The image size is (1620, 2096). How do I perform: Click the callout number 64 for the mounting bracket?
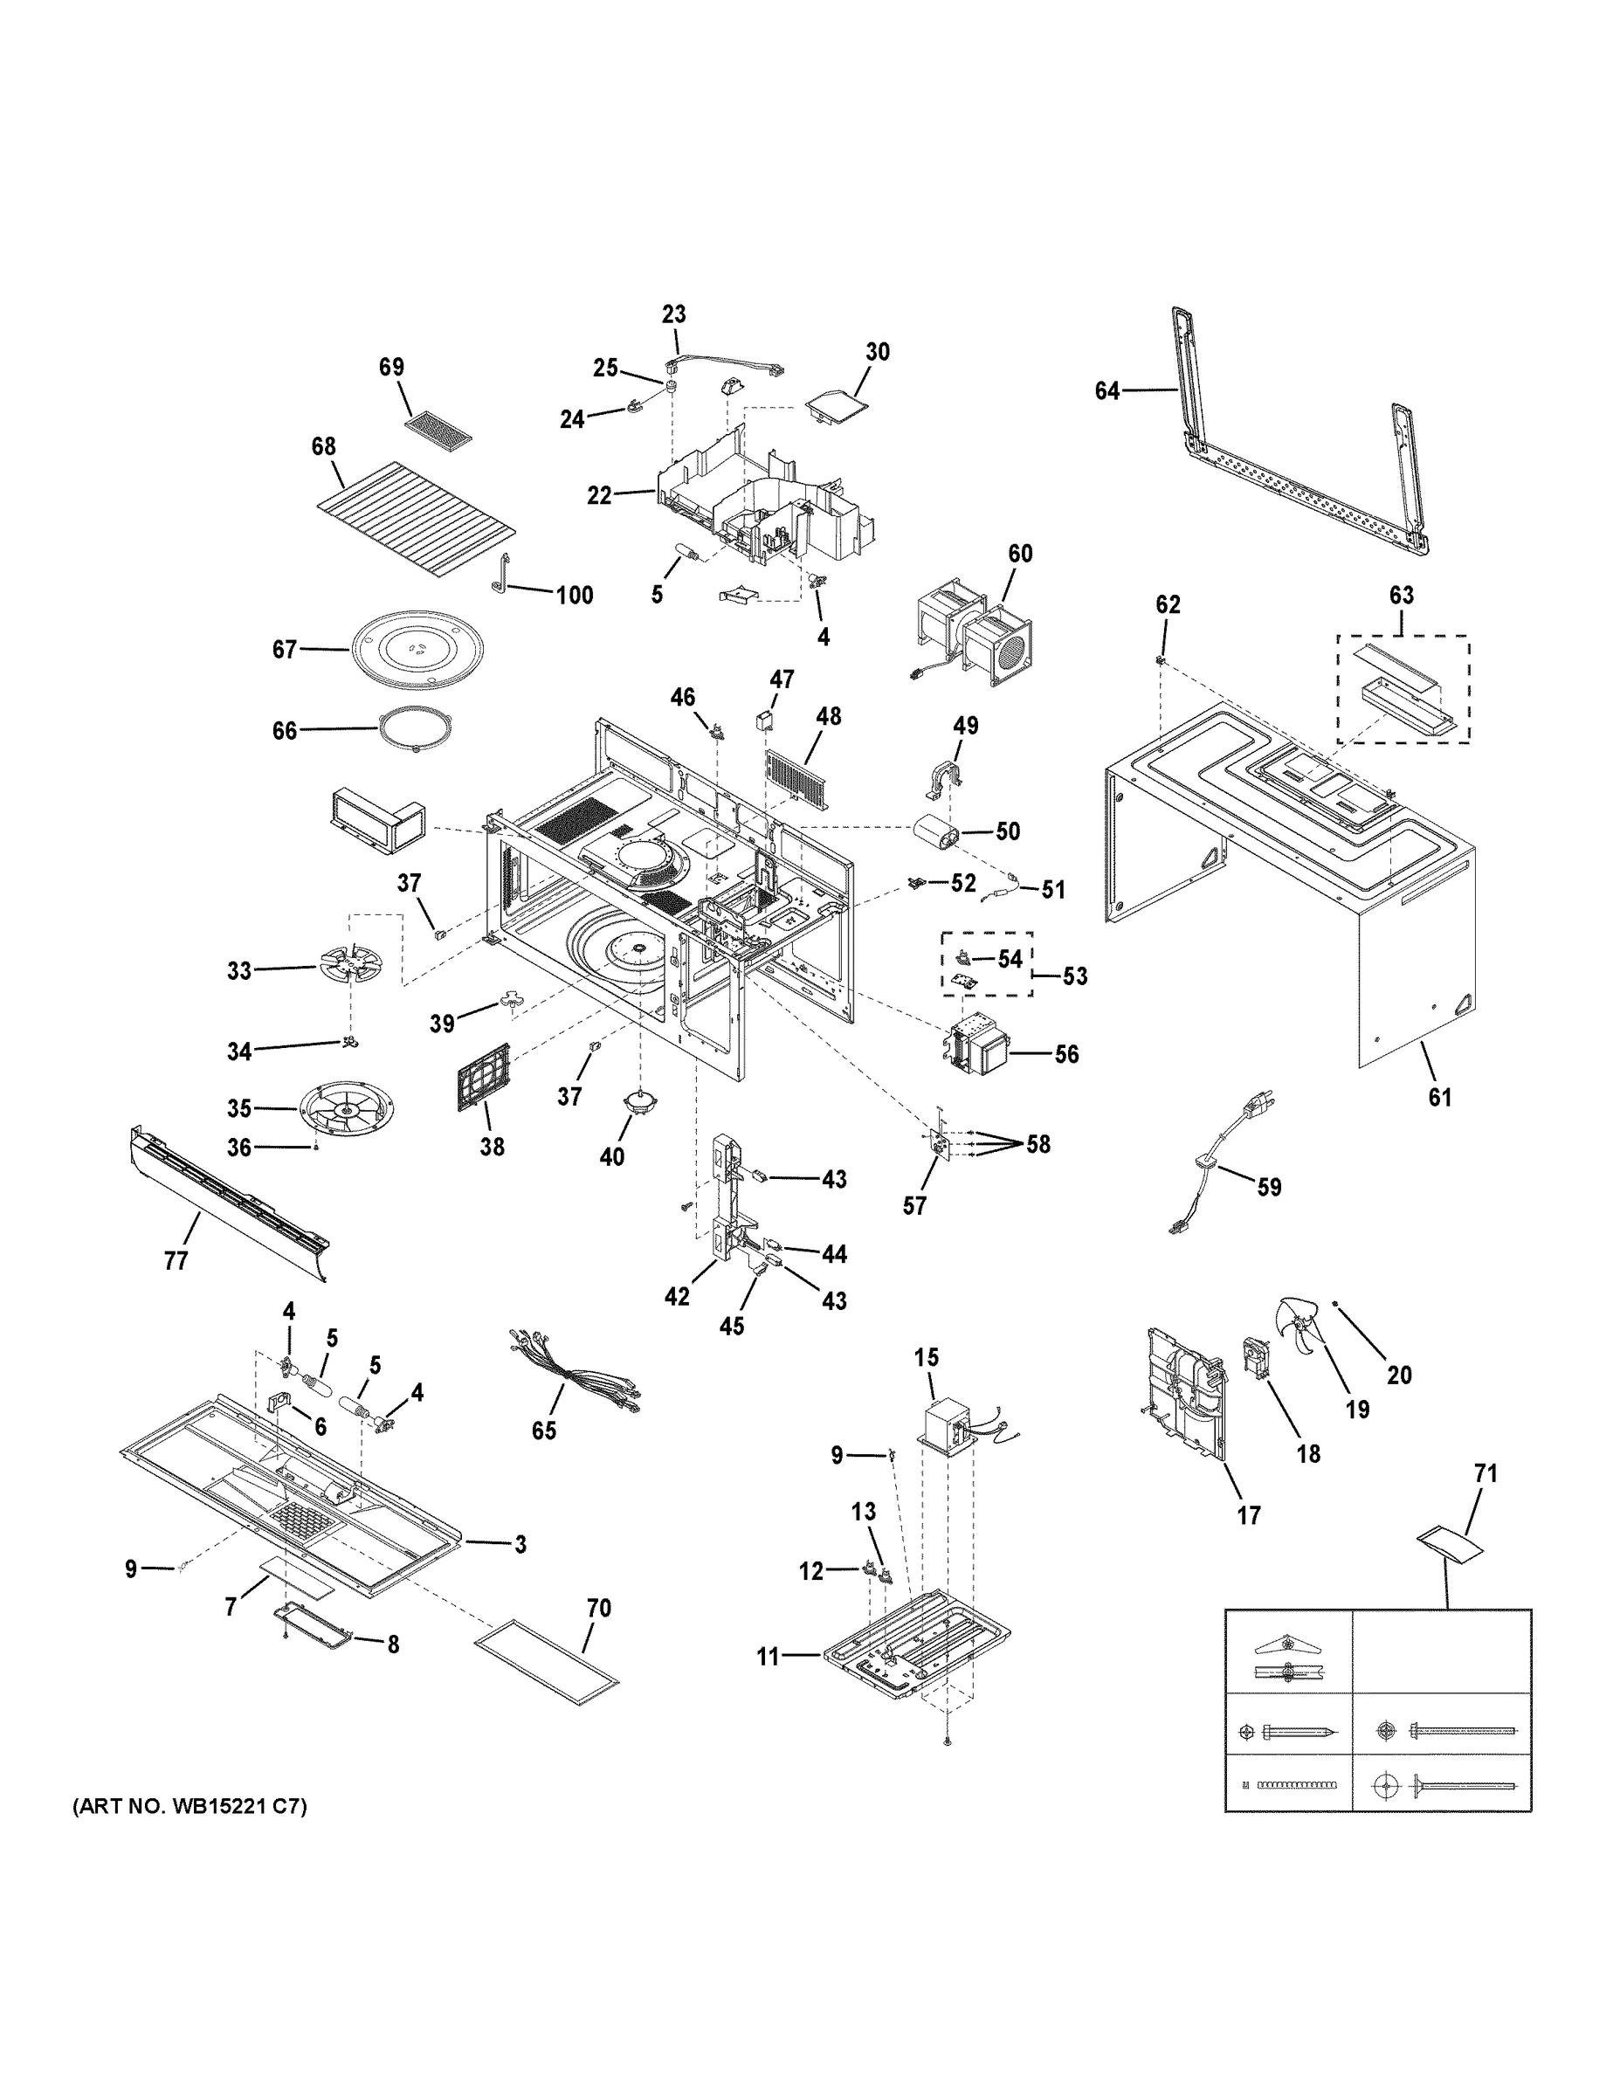tap(1106, 390)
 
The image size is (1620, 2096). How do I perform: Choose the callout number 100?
tap(575, 595)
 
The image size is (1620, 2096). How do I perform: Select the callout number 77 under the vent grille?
tap(176, 1260)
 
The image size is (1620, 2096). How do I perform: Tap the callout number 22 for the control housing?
tap(600, 496)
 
